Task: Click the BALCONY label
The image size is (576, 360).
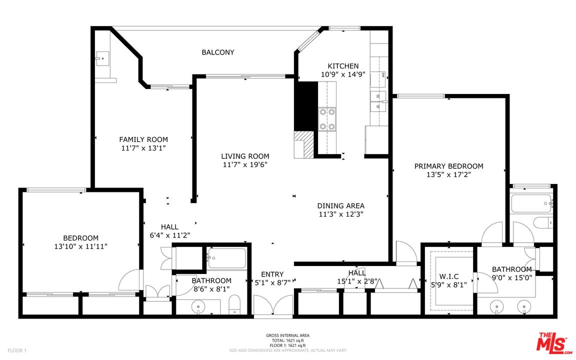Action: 217,52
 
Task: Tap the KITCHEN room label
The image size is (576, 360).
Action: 343,66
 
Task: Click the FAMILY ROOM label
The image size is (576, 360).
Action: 143,139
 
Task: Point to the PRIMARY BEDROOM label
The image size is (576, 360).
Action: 448,166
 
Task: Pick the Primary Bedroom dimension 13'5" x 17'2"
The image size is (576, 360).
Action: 448,175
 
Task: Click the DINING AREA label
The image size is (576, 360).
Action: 340,205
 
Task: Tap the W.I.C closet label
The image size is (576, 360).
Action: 448,276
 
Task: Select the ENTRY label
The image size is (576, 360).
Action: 272,274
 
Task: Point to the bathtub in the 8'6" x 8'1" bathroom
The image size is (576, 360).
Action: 226,258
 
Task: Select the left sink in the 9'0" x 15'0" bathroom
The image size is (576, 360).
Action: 497,305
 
